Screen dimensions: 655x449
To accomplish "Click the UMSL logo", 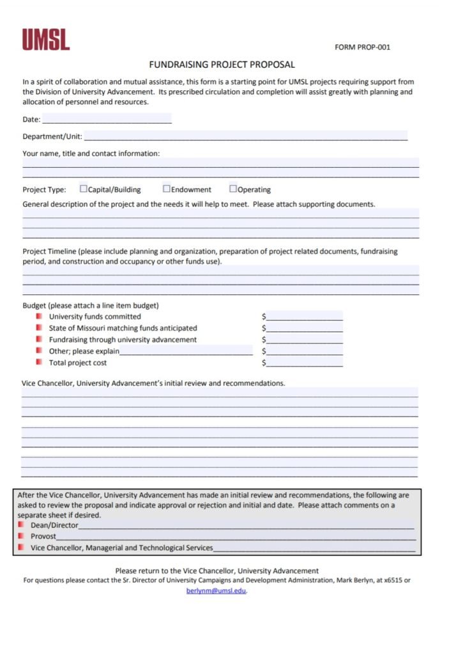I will click(x=46, y=40).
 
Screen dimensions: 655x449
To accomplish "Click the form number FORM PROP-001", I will click(x=362, y=47).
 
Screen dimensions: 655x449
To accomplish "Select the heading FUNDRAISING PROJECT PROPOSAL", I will click(x=222, y=65).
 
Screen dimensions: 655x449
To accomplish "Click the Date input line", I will click(x=107, y=119).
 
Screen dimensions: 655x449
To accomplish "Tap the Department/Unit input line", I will click(x=245, y=136).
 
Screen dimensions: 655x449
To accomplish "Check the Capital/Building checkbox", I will click(x=84, y=189).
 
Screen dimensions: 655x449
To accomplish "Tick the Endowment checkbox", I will click(x=167, y=189).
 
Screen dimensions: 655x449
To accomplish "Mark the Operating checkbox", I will click(x=233, y=189).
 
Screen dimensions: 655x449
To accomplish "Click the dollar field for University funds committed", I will click(x=305, y=316).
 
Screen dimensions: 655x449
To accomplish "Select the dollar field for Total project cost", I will click(x=305, y=363).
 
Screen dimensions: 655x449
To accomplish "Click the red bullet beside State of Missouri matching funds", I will click(x=39, y=327).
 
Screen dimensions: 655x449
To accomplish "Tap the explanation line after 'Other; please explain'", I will click(x=186, y=351).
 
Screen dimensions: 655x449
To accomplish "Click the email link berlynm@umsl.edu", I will click(x=216, y=591).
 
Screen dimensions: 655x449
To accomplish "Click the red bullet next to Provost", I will click(x=21, y=536).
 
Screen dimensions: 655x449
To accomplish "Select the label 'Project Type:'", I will click(x=45, y=189).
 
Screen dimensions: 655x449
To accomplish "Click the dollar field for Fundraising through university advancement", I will click(x=305, y=339).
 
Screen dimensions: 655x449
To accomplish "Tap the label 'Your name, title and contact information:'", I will click(x=91, y=154).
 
